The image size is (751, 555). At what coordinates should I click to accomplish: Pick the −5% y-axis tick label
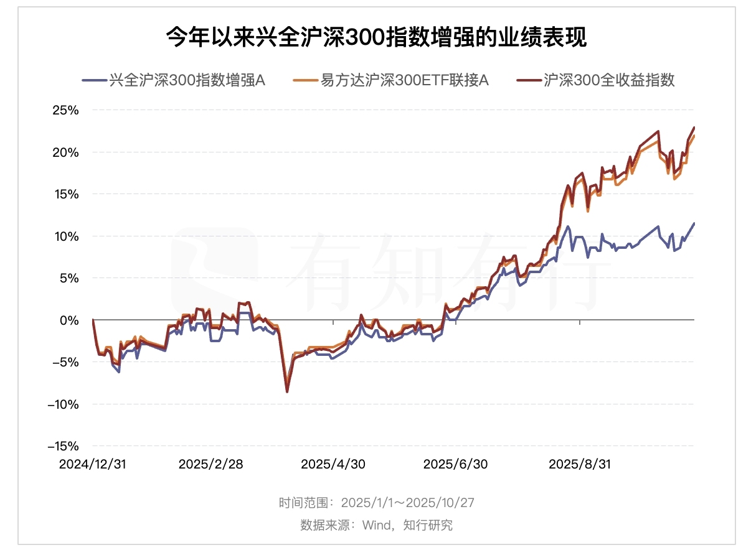click(65, 362)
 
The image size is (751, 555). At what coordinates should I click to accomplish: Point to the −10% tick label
click(62, 404)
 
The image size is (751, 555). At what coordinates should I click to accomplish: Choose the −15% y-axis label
click(62, 446)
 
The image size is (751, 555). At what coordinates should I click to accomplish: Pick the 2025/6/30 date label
click(455, 465)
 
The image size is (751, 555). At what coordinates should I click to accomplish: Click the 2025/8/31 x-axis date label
click(579, 465)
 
